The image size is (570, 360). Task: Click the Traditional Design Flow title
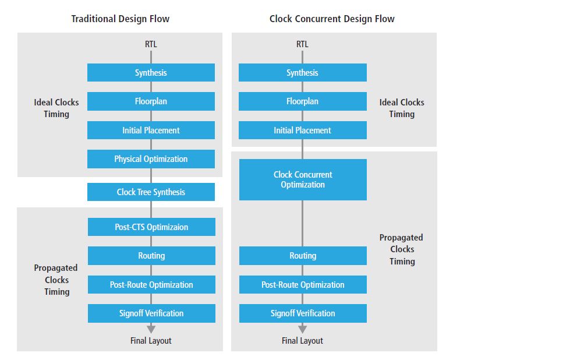coord(121,19)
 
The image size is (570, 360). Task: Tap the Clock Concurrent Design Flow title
coord(332,19)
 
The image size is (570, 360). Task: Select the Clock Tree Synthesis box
coord(151,192)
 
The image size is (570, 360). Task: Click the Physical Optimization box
coord(151,159)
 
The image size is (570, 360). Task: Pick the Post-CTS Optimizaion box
coord(151,227)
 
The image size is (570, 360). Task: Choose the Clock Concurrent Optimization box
coord(303,179)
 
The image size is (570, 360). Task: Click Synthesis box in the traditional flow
coord(151,73)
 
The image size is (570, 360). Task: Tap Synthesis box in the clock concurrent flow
coord(302,73)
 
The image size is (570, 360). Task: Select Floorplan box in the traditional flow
coord(151,101)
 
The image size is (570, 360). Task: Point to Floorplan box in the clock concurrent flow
coord(302,101)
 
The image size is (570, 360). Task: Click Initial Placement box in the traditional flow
coord(151,130)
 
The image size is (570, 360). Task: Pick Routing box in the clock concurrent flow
coord(303,256)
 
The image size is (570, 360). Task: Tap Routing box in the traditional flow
coord(151,256)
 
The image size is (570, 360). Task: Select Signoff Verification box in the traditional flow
coord(151,313)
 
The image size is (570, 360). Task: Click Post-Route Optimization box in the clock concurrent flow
coord(303,284)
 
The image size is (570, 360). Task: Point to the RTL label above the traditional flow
coord(151,44)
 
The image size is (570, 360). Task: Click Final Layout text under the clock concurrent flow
coord(302,341)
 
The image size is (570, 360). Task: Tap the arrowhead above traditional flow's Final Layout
coord(151,329)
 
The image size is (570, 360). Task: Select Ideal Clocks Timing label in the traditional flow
coord(56,108)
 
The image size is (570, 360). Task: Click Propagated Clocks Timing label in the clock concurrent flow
coord(402,249)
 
